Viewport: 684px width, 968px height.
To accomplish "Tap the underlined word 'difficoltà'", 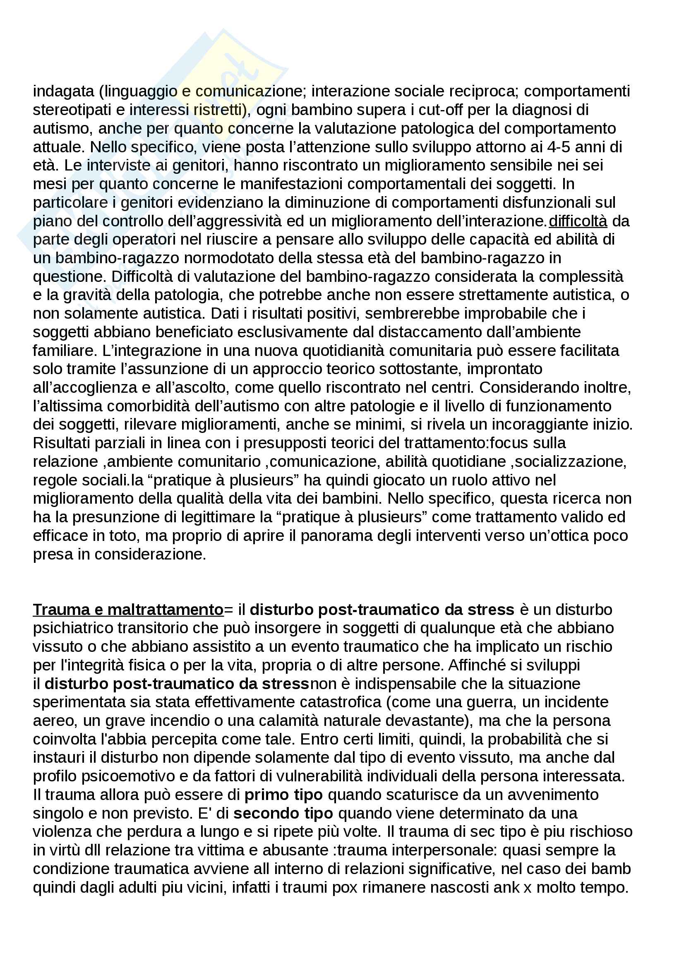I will point(578,221).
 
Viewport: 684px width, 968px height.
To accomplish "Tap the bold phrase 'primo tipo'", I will point(283,795).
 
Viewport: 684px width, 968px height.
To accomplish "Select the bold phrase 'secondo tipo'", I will point(283,813).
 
